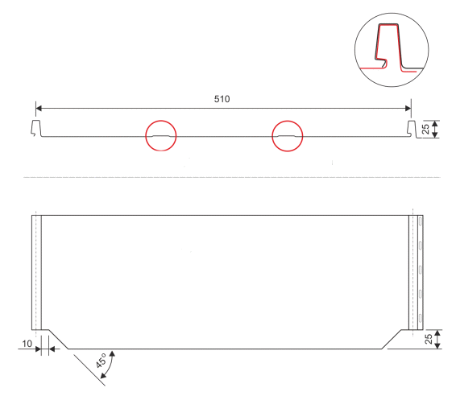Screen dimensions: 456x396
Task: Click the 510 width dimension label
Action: point(222,99)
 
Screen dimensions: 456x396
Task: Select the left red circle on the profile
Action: point(161,121)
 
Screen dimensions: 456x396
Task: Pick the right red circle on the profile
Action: point(288,121)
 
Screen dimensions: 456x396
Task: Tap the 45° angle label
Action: point(102,361)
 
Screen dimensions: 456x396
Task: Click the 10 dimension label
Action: point(27,344)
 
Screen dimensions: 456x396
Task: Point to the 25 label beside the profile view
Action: point(425,129)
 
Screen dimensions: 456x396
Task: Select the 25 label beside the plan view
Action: point(429,339)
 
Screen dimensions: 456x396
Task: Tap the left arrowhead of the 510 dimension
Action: point(39,109)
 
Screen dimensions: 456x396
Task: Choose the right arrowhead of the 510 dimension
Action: point(408,109)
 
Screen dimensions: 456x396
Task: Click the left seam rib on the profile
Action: point(35,128)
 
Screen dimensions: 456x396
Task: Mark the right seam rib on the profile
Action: point(412,129)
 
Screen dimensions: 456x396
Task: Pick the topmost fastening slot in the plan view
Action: point(421,221)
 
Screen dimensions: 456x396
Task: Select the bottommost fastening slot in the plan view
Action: point(421,318)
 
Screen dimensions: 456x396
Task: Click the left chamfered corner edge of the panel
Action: point(58,339)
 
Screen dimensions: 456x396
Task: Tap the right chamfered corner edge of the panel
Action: point(392,339)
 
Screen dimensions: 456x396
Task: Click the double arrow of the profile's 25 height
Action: point(435,130)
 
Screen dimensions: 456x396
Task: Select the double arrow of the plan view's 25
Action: point(438,339)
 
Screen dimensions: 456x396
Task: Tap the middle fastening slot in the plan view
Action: point(421,270)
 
